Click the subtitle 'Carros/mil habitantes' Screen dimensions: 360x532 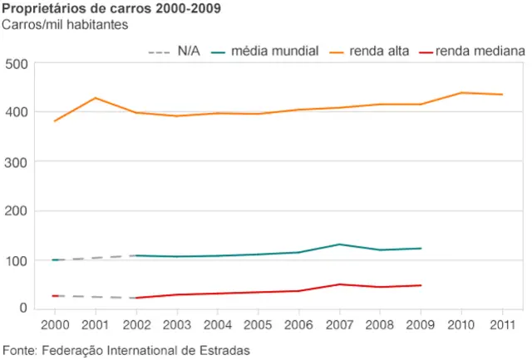pos(64,24)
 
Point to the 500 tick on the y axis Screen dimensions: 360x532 pos(17,64)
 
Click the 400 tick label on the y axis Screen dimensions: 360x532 pos(17,112)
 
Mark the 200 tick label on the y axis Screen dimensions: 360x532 pos(17,211)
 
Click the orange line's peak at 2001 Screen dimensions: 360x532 pos(96,98)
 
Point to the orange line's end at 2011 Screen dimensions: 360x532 pos(501,95)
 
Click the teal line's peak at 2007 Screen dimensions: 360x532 pos(339,244)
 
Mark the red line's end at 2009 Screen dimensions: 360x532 pos(421,285)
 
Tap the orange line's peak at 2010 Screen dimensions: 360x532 pos(461,92)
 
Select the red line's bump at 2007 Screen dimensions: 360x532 pos(339,284)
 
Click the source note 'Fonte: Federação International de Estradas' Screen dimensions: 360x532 pos(126,349)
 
